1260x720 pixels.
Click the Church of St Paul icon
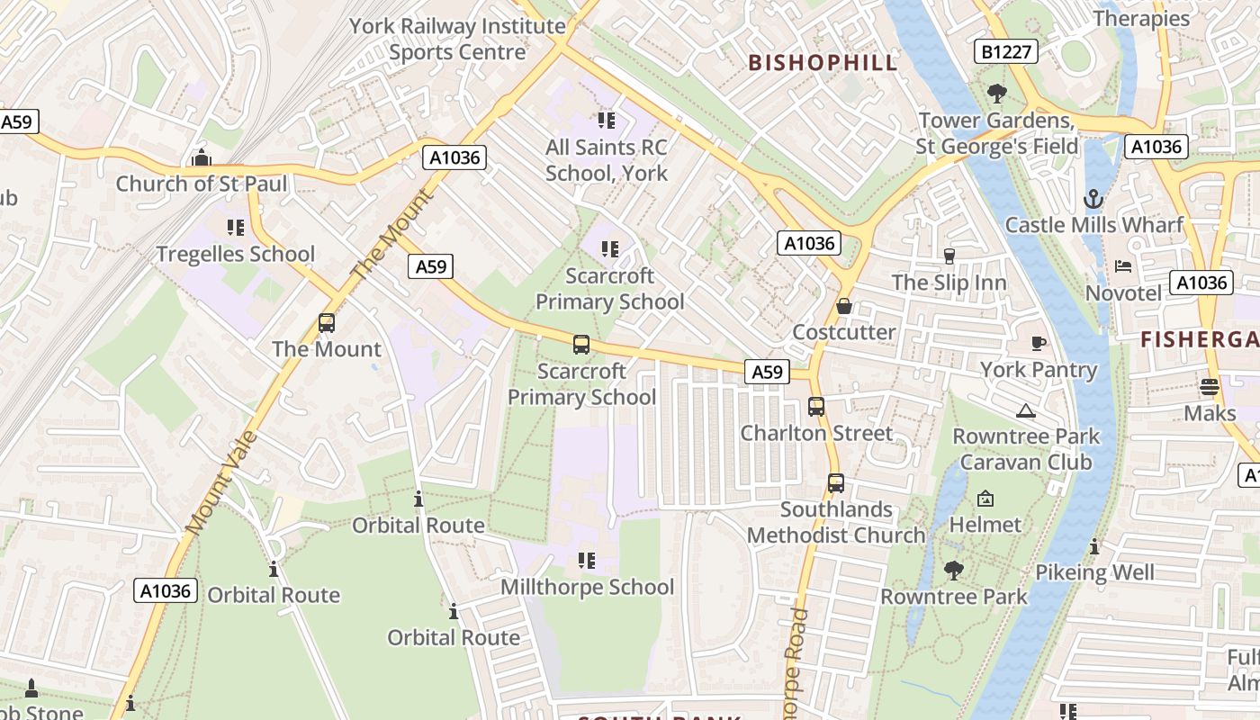pyautogui.click(x=201, y=157)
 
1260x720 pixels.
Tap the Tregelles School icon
pyautogui.click(x=236, y=228)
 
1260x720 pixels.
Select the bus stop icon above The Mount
pyautogui.click(x=327, y=323)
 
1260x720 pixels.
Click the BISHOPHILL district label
pyautogui.click(x=823, y=62)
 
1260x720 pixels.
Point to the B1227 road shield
pyautogui.click(x=1005, y=52)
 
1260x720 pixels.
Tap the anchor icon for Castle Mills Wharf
pyautogui.click(x=1093, y=199)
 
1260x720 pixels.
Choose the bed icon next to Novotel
pyautogui.click(x=1123, y=266)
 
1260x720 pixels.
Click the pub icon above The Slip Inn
pyautogui.click(x=949, y=256)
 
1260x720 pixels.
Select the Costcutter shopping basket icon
pyautogui.click(x=843, y=306)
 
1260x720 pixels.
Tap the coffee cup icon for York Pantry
pyautogui.click(x=1038, y=343)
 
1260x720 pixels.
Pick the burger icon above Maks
pyautogui.click(x=1210, y=387)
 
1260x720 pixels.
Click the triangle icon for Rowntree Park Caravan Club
pyautogui.click(x=1026, y=411)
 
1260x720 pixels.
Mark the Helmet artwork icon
pyautogui.click(x=985, y=499)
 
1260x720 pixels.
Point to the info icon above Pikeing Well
pyautogui.click(x=1094, y=546)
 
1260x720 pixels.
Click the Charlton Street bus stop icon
pyautogui.click(x=816, y=407)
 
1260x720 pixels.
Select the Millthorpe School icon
pyautogui.click(x=587, y=562)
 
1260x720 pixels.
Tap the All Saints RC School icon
pyautogui.click(x=606, y=120)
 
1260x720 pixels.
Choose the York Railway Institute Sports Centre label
pyautogui.click(x=457, y=39)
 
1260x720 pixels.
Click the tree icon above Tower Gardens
pyautogui.click(x=996, y=93)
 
